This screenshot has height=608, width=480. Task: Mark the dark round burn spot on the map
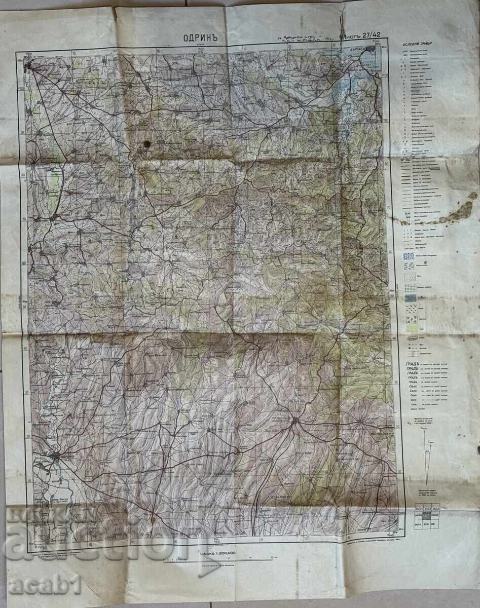click(x=147, y=144)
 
